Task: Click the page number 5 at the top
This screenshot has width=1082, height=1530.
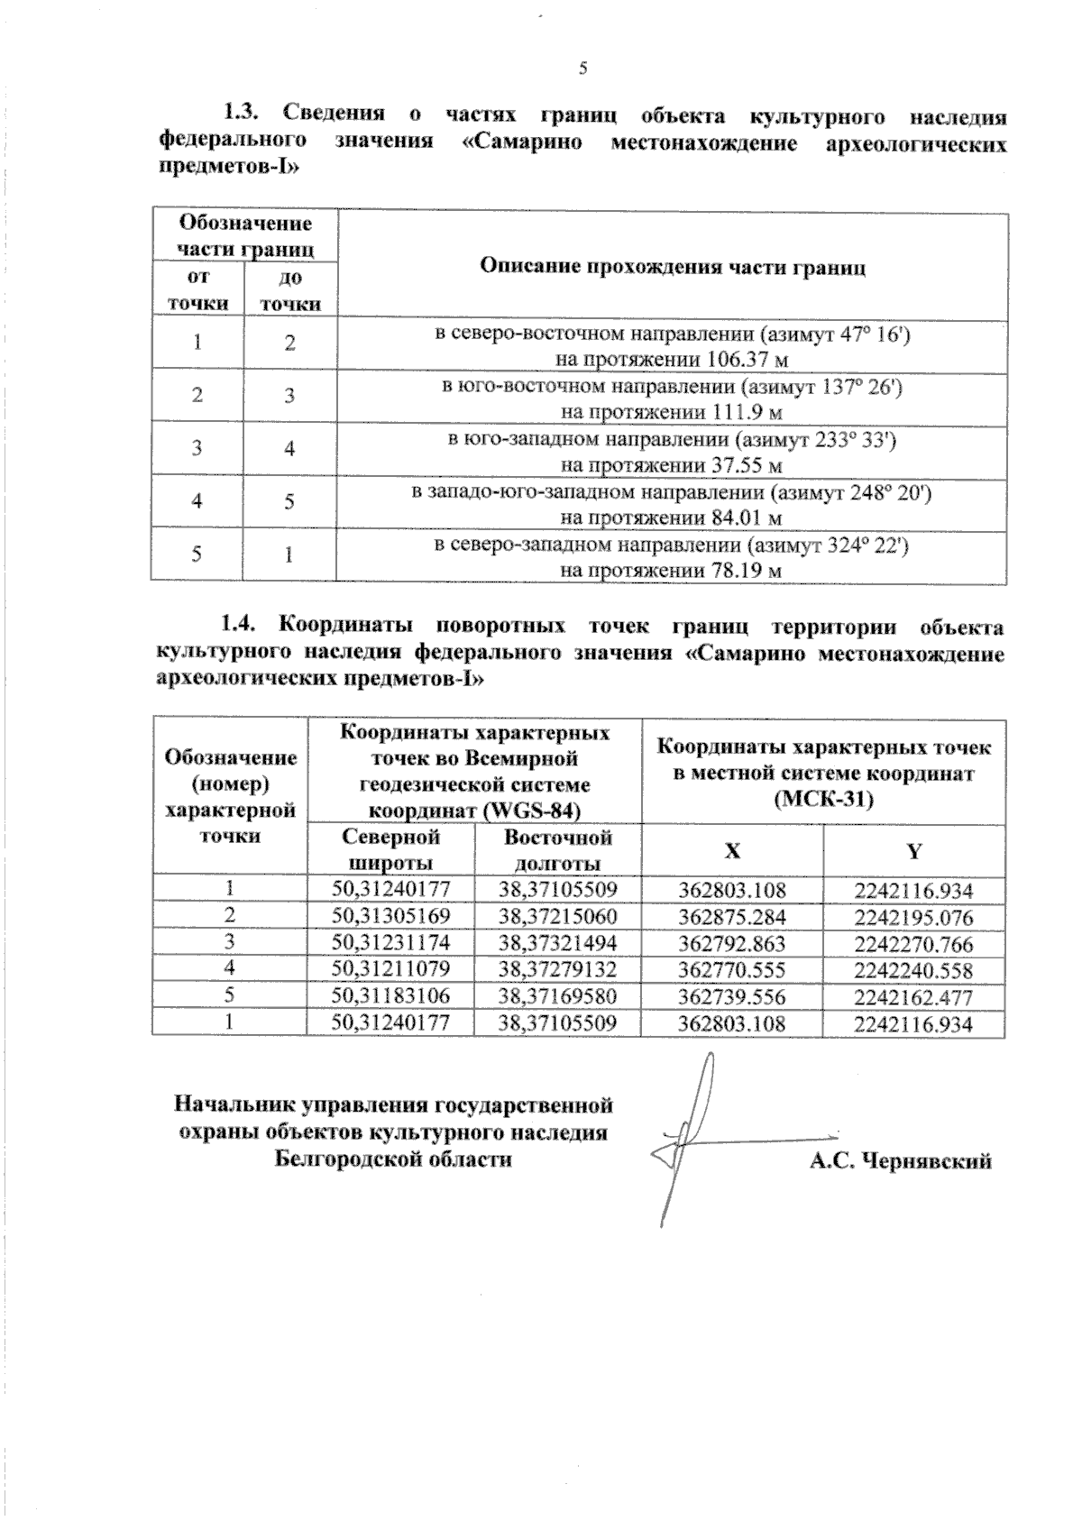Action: click(x=582, y=69)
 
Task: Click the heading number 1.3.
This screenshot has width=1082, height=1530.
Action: click(x=242, y=115)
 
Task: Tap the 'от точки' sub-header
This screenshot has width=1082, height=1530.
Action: click(x=197, y=290)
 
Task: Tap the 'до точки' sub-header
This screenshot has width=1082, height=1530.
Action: click(x=290, y=290)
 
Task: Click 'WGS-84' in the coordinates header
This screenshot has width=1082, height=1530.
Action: click(x=531, y=810)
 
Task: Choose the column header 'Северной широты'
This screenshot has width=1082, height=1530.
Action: click(x=391, y=849)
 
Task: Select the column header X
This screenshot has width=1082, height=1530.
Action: click(x=732, y=850)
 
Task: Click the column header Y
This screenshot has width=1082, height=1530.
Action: click(x=913, y=850)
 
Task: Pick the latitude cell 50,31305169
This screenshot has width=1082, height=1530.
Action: click(x=390, y=917)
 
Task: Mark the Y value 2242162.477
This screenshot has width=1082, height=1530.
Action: click(x=913, y=997)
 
